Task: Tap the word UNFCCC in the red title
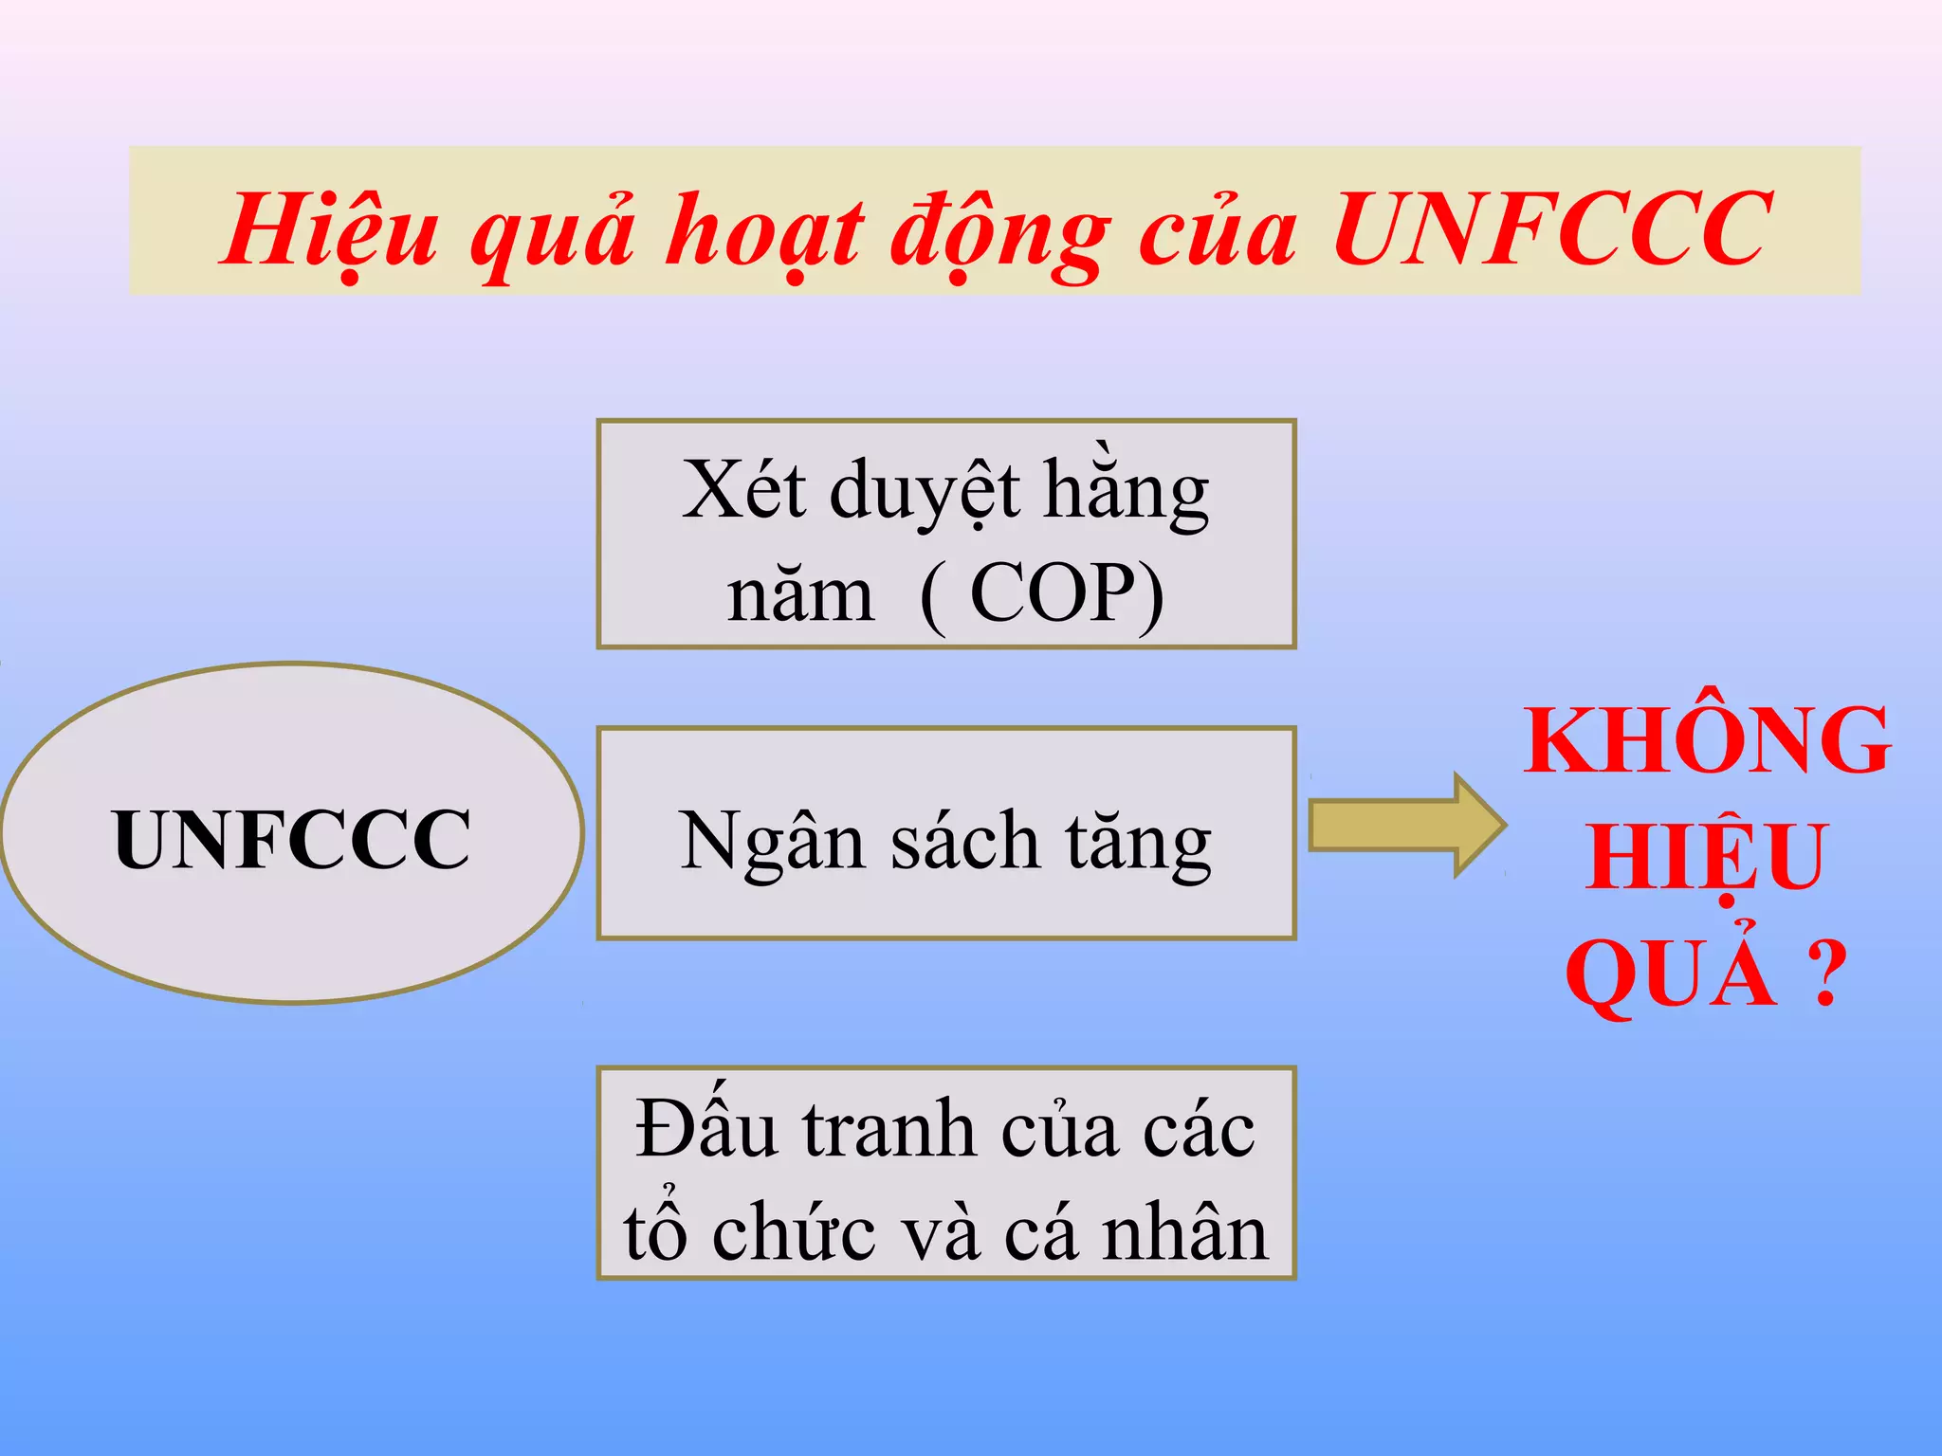pyautogui.click(x=1551, y=229)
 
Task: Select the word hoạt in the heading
pyautogui.click(x=763, y=231)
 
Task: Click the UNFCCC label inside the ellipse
pyautogui.click(x=292, y=839)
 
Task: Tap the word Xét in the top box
pyautogui.click(x=743, y=490)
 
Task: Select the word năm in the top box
pyautogui.click(x=800, y=595)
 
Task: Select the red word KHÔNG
pyautogui.click(x=1707, y=741)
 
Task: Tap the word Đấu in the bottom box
pyautogui.click(x=705, y=1128)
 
